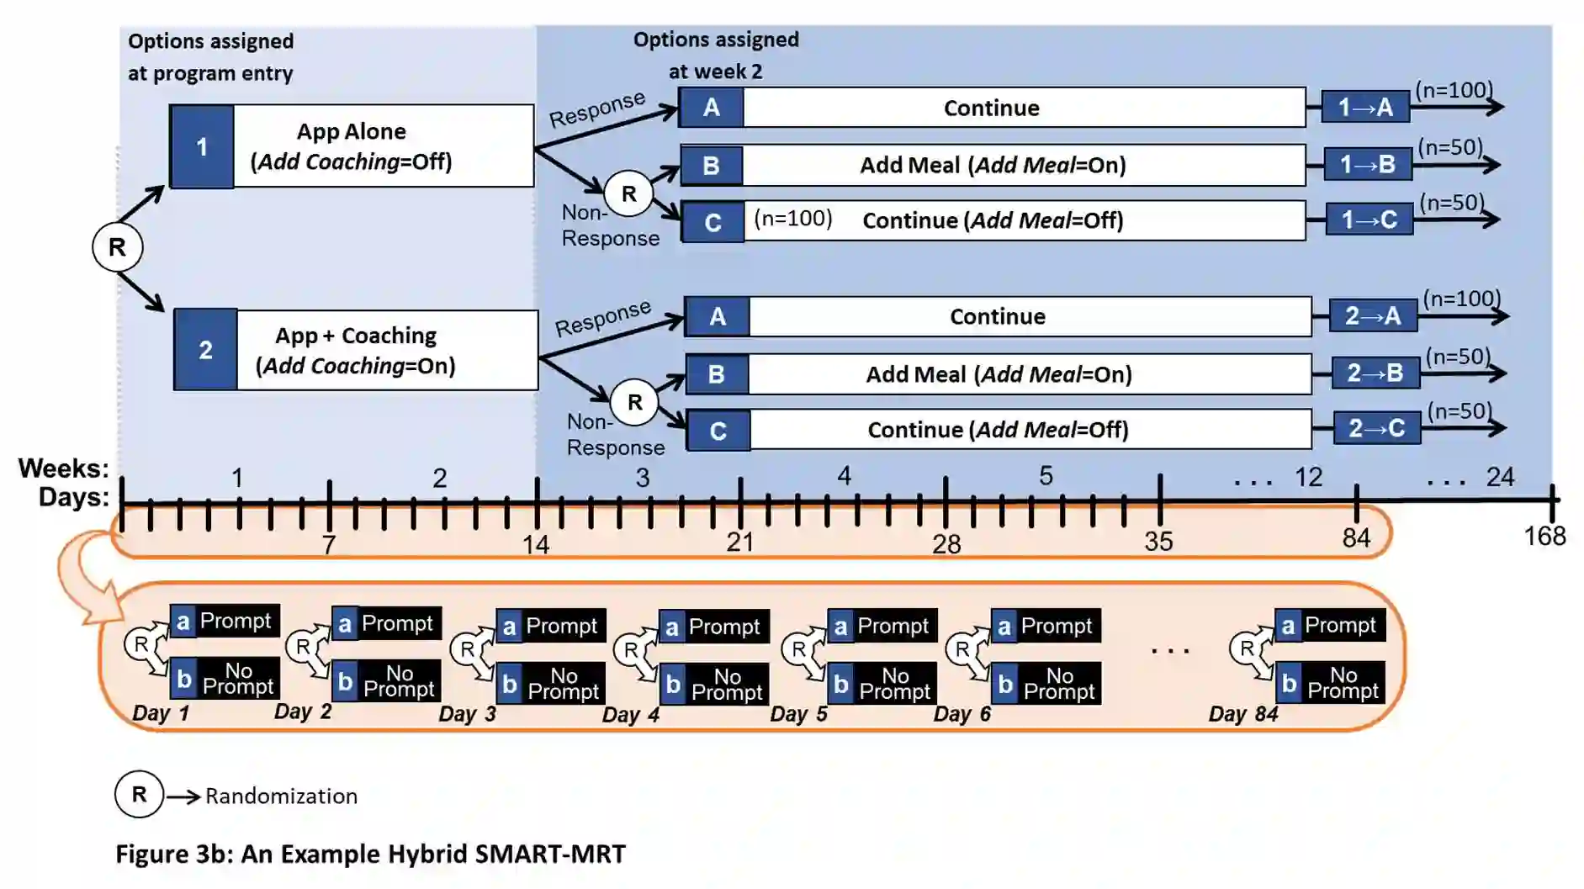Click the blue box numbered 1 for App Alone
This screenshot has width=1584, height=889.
tap(202, 146)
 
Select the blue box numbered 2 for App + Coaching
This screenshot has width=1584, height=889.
tap(206, 350)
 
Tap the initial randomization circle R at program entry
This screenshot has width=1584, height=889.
tap(117, 247)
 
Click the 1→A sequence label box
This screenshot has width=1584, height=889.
tap(1364, 107)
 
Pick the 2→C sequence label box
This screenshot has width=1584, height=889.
tap(1376, 428)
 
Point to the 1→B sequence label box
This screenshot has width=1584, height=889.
tap(1367, 164)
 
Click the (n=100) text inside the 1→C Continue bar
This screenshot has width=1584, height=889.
tap(792, 219)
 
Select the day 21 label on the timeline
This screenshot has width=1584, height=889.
tap(739, 542)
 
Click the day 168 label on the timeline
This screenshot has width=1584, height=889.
tap(1544, 536)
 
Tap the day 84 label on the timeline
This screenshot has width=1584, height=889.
tap(1355, 537)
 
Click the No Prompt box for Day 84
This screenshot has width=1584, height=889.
tap(1342, 683)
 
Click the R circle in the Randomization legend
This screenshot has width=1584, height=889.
tap(139, 794)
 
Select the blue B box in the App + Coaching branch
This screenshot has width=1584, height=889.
tap(717, 374)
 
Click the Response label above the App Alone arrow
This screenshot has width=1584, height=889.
tap(596, 109)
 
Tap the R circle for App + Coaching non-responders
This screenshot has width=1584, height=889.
tap(634, 402)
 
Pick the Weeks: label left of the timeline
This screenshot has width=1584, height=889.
tap(64, 468)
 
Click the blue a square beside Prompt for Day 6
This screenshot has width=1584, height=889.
tap(1004, 626)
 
